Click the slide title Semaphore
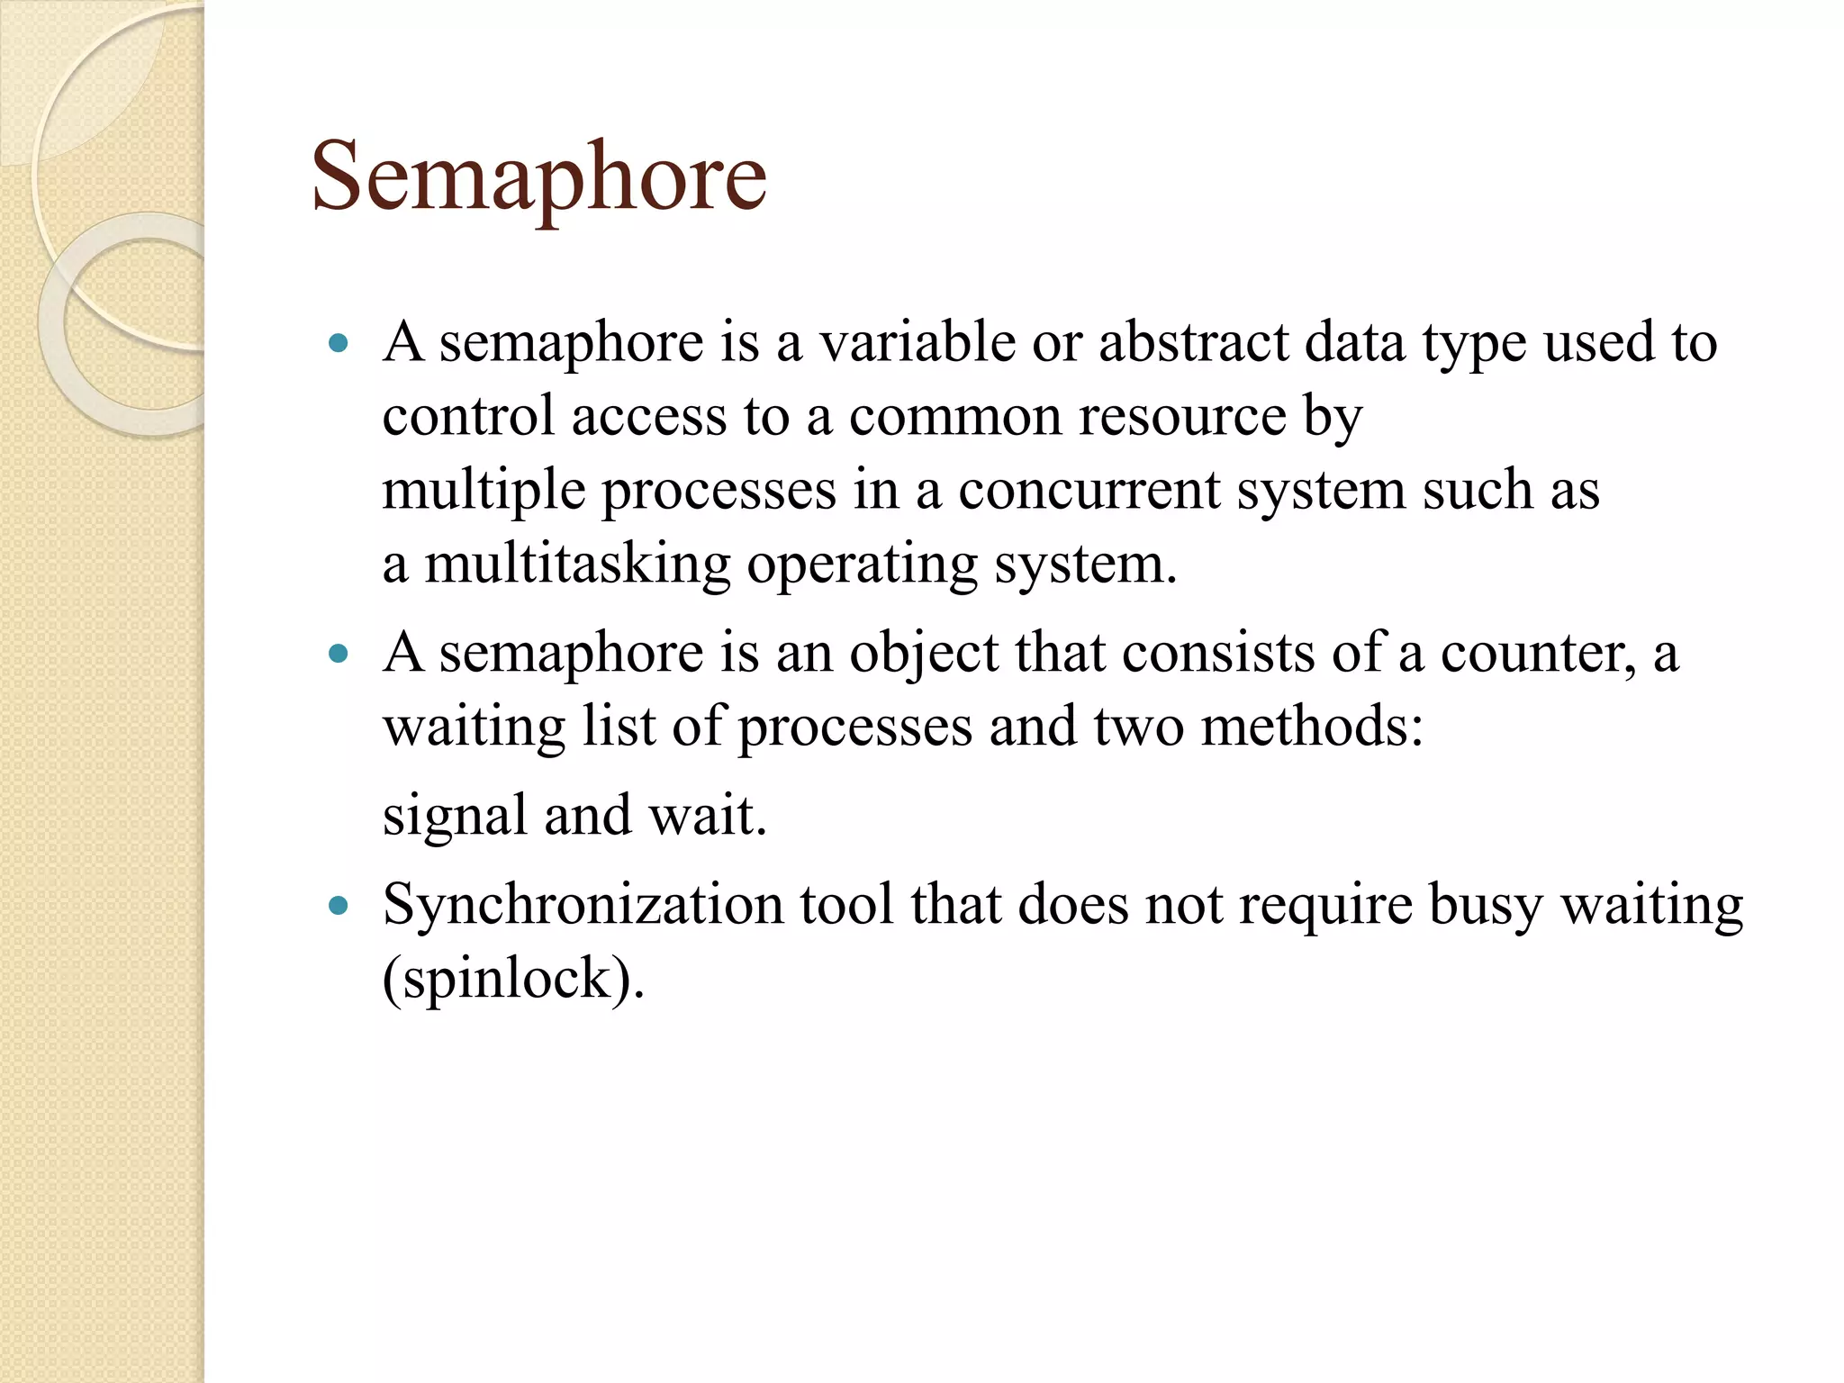tap(538, 176)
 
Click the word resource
tap(1182, 417)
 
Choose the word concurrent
tap(1088, 491)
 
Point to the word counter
tap(1538, 653)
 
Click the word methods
tap(1311, 727)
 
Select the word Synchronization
tap(583, 905)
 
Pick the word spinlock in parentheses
tap(508, 979)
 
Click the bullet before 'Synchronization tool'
tap(339, 906)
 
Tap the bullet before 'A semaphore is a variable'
tap(339, 343)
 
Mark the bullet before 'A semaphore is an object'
tap(339, 654)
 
